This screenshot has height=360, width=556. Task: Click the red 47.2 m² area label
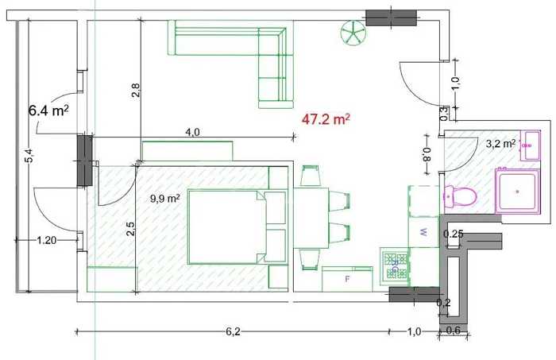point(326,119)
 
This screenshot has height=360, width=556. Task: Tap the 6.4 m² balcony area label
point(48,110)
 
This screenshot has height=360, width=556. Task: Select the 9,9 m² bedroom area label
point(165,199)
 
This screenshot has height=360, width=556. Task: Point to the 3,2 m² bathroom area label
point(500,144)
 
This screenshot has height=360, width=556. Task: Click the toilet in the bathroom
point(460,196)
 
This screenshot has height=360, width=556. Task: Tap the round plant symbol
point(353,33)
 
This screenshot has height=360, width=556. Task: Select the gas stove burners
point(394,265)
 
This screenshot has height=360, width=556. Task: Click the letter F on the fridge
point(348,279)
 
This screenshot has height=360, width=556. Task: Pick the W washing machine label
point(423,232)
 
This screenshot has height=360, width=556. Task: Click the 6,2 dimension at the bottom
point(233,331)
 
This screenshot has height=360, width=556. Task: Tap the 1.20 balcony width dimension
point(46,241)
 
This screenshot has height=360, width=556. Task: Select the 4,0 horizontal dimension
point(192,132)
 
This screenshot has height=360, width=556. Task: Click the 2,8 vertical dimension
point(136,90)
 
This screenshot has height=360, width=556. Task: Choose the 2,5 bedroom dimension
point(130,229)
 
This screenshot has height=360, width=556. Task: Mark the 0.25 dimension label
point(454,234)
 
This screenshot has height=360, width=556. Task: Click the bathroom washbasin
point(530,145)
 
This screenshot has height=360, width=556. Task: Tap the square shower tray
point(518,192)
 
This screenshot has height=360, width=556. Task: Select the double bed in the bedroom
point(237,227)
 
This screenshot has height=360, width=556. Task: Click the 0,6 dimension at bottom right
point(453,331)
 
